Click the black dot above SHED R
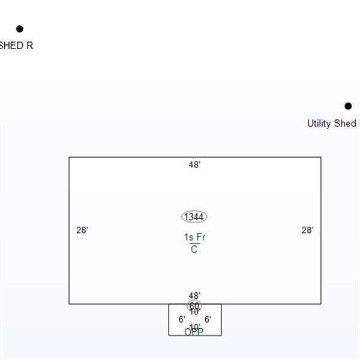(x=19, y=29)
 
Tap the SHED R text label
(x=16, y=46)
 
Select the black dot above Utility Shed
(x=349, y=106)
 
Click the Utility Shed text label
(x=332, y=124)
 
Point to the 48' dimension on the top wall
(x=194, y=164)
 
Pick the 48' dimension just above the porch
(x=194, y=296)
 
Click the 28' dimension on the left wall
(x=82, y=230)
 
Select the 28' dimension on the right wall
(x=307, y=230)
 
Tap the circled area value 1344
(x=194, y=217)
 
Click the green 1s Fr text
(x=194, y=238)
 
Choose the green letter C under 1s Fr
(x=194, y=250)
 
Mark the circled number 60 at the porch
(x=194, y=305)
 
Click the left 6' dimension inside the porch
(x=181, y=319)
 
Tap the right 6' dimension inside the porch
(x=208, y=319)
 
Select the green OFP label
(x=194, y=332)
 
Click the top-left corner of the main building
(x=69, y=157)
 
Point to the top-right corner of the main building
(x=321, y=157)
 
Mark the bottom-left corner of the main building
(x=69, y=304)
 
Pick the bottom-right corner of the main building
(x=321, y=304)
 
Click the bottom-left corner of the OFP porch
(x=169, y=335)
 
